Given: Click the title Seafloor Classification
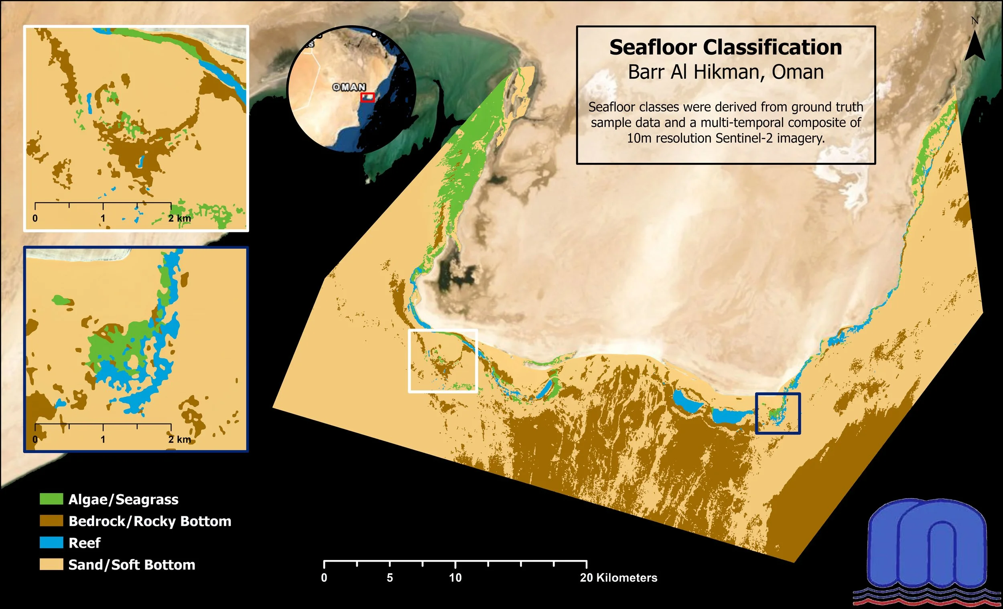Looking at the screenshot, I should pyautogui.click(x=725, y=47).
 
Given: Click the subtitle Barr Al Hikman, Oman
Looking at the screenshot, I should pyautogui.click(x=725, y=72).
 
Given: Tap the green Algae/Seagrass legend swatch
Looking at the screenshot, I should pyautogui.click(x=51, y=499).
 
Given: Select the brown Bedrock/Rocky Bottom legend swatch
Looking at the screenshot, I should pyautogui.click(x=51, y=521).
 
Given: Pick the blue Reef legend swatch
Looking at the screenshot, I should pyautogui.click(x=51, y=543).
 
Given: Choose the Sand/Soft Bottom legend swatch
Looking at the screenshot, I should pyautogui.click(x=51, y=564).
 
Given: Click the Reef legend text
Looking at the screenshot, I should pyautogui.click(x=84, y=543).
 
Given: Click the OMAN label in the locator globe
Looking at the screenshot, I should pyautogui.click(x=349, y=87).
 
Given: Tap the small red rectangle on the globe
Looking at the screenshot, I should pyautogui.click(x=367, y=97).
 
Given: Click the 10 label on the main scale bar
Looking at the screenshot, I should pyautogui.click(x=455, y=578).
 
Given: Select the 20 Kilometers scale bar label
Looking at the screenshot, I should pyautogui.click(x=618, y=578).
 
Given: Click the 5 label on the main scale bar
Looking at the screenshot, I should pyautogui.click(x=390, y=578).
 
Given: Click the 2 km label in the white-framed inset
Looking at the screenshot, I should pyautogui.click(x=179, y=218).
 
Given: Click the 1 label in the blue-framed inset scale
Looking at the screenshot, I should pyautogui.click(x=103, y=440).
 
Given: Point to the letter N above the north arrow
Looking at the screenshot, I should pyautogui.click(x=975, y=20).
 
